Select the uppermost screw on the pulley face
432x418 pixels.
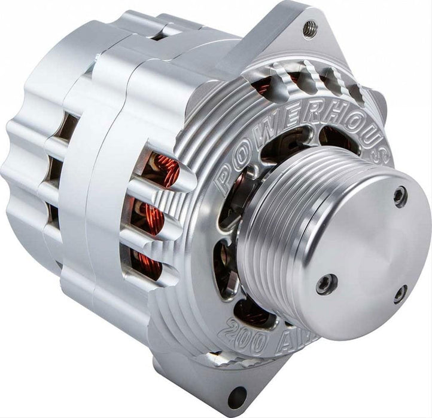400,196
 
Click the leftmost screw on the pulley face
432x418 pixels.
326,284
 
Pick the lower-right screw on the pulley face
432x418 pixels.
400,293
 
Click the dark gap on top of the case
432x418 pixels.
159,35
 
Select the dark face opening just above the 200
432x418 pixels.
252,311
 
